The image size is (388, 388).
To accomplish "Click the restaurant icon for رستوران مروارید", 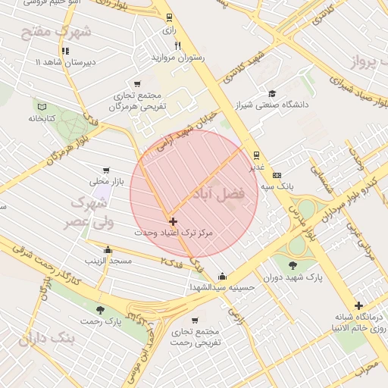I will click(178, 45).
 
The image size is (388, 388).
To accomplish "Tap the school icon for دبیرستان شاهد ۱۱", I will click(65, 51).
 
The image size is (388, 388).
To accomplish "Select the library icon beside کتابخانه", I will click(42, 107).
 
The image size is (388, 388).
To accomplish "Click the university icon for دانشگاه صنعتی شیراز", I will click(271, 93).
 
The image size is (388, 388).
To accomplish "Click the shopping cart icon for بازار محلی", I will click(105, 171).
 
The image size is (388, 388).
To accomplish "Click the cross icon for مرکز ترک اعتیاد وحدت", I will click(174, 222).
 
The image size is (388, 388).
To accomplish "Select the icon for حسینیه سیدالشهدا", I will click(221, 276).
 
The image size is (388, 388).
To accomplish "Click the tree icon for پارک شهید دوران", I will click(293, 265).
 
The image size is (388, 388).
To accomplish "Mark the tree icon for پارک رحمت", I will click(100, 310).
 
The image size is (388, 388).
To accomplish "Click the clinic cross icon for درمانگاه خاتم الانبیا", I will click(358, 305).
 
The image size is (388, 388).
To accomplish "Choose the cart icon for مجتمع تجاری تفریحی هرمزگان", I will click(137, 84).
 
